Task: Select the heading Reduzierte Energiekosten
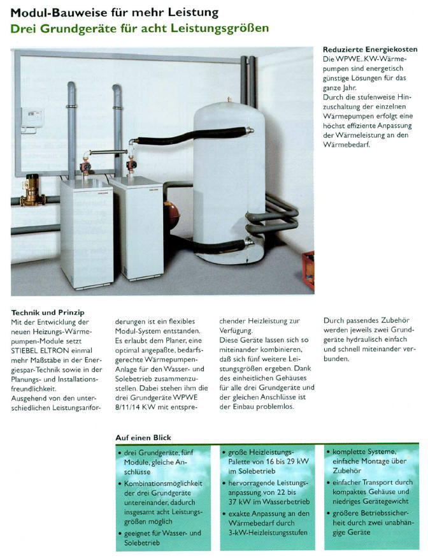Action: (x=361, y=49)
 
